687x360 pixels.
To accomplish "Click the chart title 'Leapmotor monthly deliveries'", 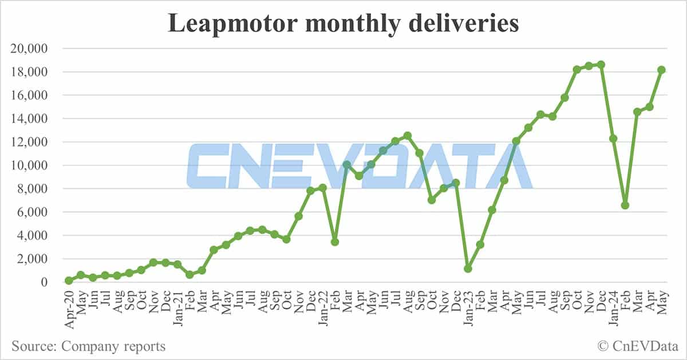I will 343,23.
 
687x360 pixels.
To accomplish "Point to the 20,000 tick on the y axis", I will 30,49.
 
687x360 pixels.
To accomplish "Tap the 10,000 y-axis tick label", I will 30,165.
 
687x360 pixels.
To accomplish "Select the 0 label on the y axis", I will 44,282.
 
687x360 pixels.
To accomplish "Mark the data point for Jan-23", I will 468,268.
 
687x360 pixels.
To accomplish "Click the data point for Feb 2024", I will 625,205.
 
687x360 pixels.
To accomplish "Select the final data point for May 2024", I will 661,70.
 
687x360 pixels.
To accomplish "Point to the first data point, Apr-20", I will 69,280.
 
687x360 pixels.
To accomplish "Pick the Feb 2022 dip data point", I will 335,242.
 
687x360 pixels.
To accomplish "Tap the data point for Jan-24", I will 613,139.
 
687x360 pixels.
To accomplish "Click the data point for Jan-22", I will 323,188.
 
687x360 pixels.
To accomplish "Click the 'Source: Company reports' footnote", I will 88,346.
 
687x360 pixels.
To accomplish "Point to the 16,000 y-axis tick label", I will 30,96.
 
